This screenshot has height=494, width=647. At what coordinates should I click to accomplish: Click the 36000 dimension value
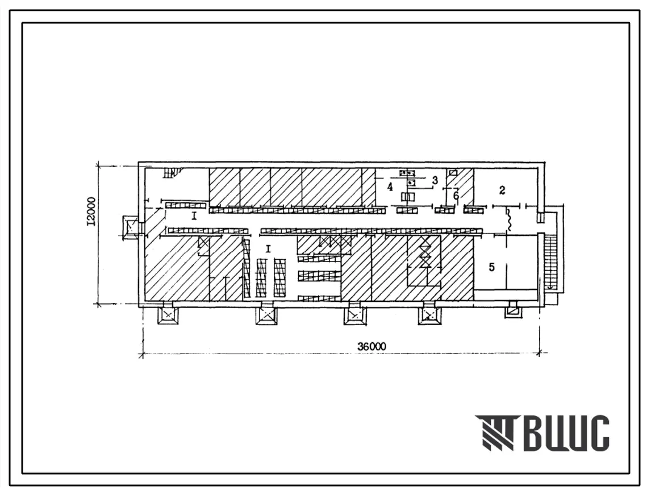pos(371,346)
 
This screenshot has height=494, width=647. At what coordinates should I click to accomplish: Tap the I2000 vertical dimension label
pos(91,211)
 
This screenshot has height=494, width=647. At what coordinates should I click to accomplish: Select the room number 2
pos(502,190)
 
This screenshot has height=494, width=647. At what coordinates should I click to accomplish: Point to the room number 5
pos(491,267)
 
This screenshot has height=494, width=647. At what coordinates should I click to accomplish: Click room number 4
pos(390,187)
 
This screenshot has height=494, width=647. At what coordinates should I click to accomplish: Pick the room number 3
pos(435,180)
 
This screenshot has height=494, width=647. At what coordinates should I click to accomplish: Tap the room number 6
pos(456,195)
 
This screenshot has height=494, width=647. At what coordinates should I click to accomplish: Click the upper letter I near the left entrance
pos(194,216)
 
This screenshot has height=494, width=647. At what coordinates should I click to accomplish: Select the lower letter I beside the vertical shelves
pos(268,248)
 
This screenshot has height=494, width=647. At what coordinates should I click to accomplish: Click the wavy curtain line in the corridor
pos(509,219)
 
